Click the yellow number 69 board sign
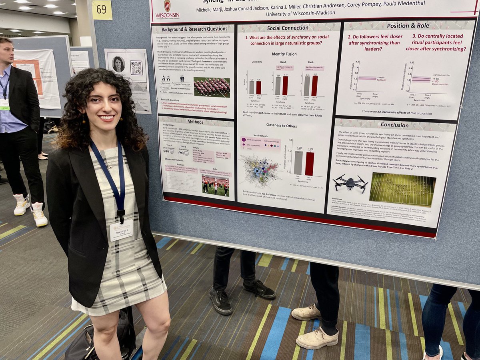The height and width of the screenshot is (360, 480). coord(102,10)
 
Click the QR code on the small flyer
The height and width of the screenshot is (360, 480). coord(136,68)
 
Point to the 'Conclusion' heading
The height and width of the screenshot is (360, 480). coord(394,125)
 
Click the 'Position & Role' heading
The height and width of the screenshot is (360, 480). coord(408,26)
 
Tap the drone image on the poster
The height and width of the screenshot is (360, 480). coord(350,184)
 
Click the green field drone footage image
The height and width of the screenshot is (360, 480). coord(402,189)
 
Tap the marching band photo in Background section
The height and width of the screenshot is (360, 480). coord(212,87)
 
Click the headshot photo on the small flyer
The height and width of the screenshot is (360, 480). coord(118,64)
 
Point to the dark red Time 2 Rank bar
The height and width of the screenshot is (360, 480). coord(314,86)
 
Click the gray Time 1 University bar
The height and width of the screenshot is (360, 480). coord(251,87)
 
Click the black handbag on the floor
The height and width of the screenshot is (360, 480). coord(100,340)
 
